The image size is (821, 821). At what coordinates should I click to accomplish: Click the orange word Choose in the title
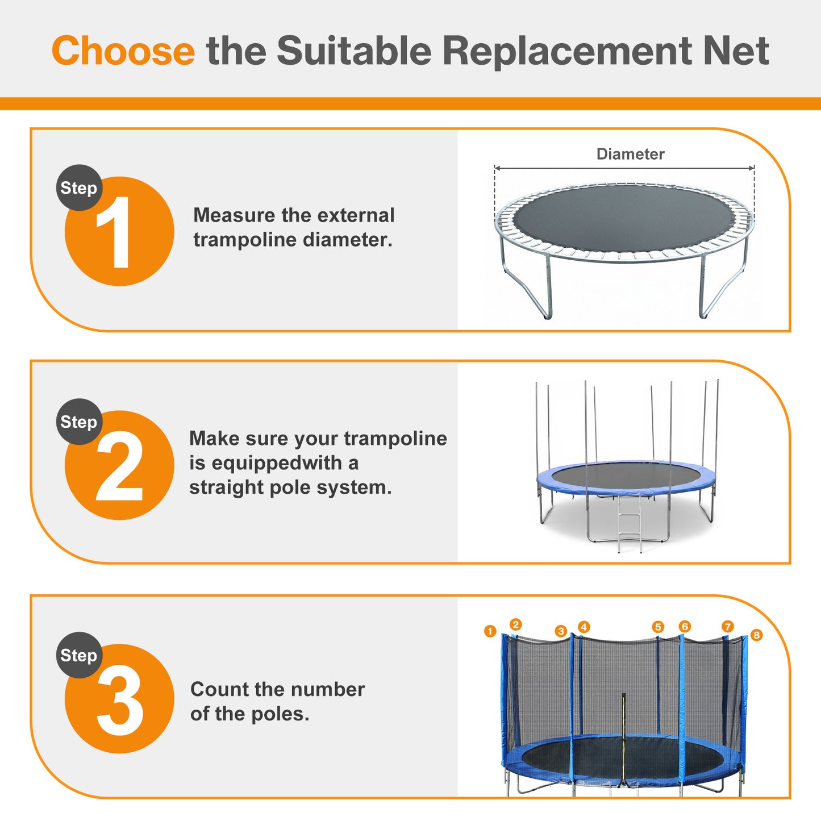(123, 51)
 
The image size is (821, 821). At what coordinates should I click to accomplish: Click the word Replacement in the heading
(566, 51)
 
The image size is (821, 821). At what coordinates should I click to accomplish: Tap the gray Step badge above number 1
(79, 188)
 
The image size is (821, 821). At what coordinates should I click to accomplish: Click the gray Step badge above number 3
(79, 655)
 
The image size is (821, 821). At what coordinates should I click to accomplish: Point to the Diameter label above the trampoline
(630, 154)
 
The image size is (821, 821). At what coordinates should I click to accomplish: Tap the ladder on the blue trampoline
(630, 523)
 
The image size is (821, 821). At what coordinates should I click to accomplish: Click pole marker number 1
(490, 631)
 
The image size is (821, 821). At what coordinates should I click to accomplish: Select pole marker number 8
(756, 635)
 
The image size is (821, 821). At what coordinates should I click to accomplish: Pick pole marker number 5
(658, 627)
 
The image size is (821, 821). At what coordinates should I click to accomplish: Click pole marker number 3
(561, 631)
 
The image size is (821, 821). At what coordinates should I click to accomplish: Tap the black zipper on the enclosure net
(623, 739)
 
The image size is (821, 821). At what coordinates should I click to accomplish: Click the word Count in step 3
(219, 689)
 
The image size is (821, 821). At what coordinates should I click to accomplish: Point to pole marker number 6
(685, 626)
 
